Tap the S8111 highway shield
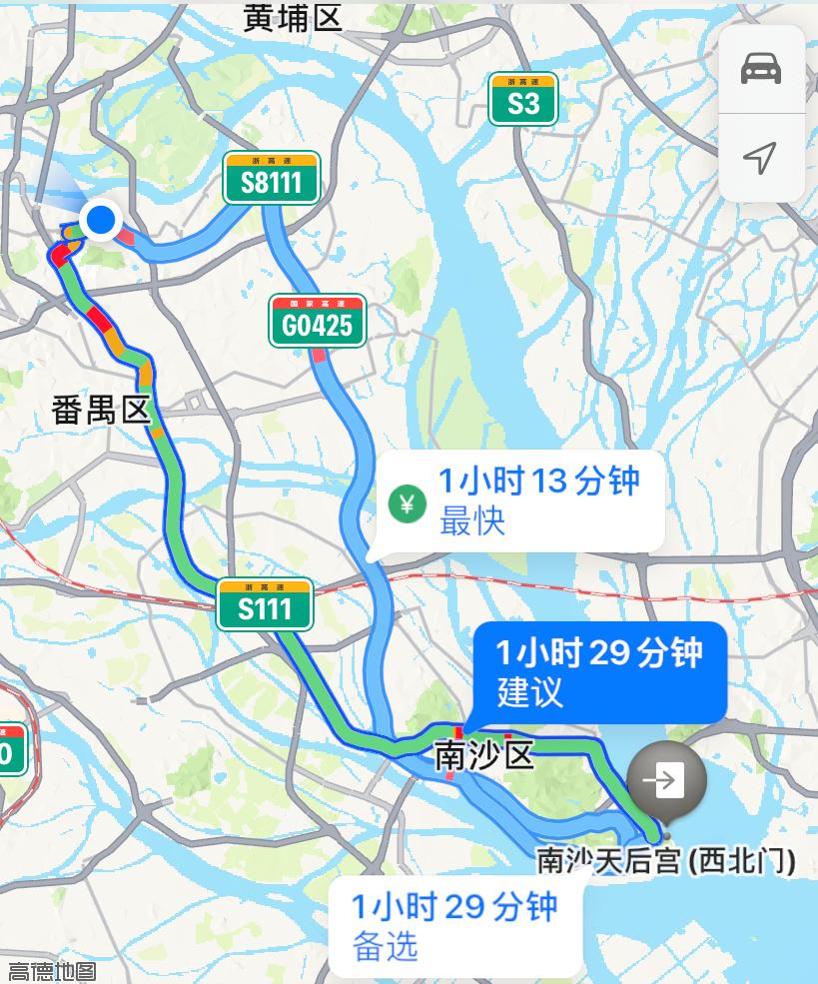click(x=271, y=179)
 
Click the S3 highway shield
click(x=522, y=100)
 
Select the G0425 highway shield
click(x=317, y=322)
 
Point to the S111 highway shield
click(x=265, y=605)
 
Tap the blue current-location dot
click(x=101, y=219)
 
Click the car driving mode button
click(x=761, y=69)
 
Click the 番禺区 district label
click(x=100, y=409)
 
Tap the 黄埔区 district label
click(x=293, y=17)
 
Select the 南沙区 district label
click(x=484, y=756)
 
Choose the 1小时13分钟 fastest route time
click(x=538, y=482)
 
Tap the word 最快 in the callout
click(x=472, y=521)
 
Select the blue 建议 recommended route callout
click(x=599, y=672)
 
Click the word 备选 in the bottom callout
click(x=386, y=946)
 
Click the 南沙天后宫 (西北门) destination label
click(x=666, y=860)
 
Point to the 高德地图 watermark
click(x=52, y=970)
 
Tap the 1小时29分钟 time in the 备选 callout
click(x=453, y=907)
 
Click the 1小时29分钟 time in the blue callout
click(x=599, y=653)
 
